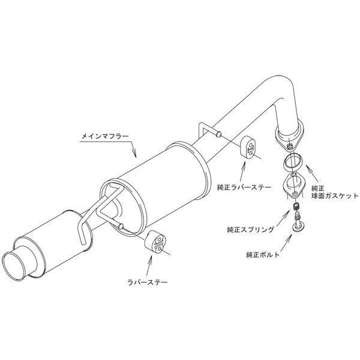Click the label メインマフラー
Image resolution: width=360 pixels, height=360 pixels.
(105, 136)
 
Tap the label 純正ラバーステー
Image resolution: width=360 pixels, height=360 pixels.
(244, 188)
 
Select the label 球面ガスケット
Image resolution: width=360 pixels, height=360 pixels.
(335, 196)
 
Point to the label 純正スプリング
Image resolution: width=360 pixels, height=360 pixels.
(250, 229)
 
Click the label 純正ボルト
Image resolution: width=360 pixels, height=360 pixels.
(263, 254)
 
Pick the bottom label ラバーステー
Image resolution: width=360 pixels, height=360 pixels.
(148, 282)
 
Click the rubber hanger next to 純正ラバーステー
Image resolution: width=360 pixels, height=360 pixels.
(248, 149)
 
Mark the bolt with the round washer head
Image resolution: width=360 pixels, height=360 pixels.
(298, 222)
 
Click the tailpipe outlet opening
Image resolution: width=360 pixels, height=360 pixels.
(14, 266)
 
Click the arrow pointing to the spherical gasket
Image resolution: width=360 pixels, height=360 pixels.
(312, 175)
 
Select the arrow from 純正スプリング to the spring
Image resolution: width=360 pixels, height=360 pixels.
(282, 219)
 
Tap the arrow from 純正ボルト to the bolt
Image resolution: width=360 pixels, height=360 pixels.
(286, 243)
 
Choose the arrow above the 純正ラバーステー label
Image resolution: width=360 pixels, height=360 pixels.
(242, 172)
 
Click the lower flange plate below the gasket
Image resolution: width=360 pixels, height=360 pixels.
(294, 186)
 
